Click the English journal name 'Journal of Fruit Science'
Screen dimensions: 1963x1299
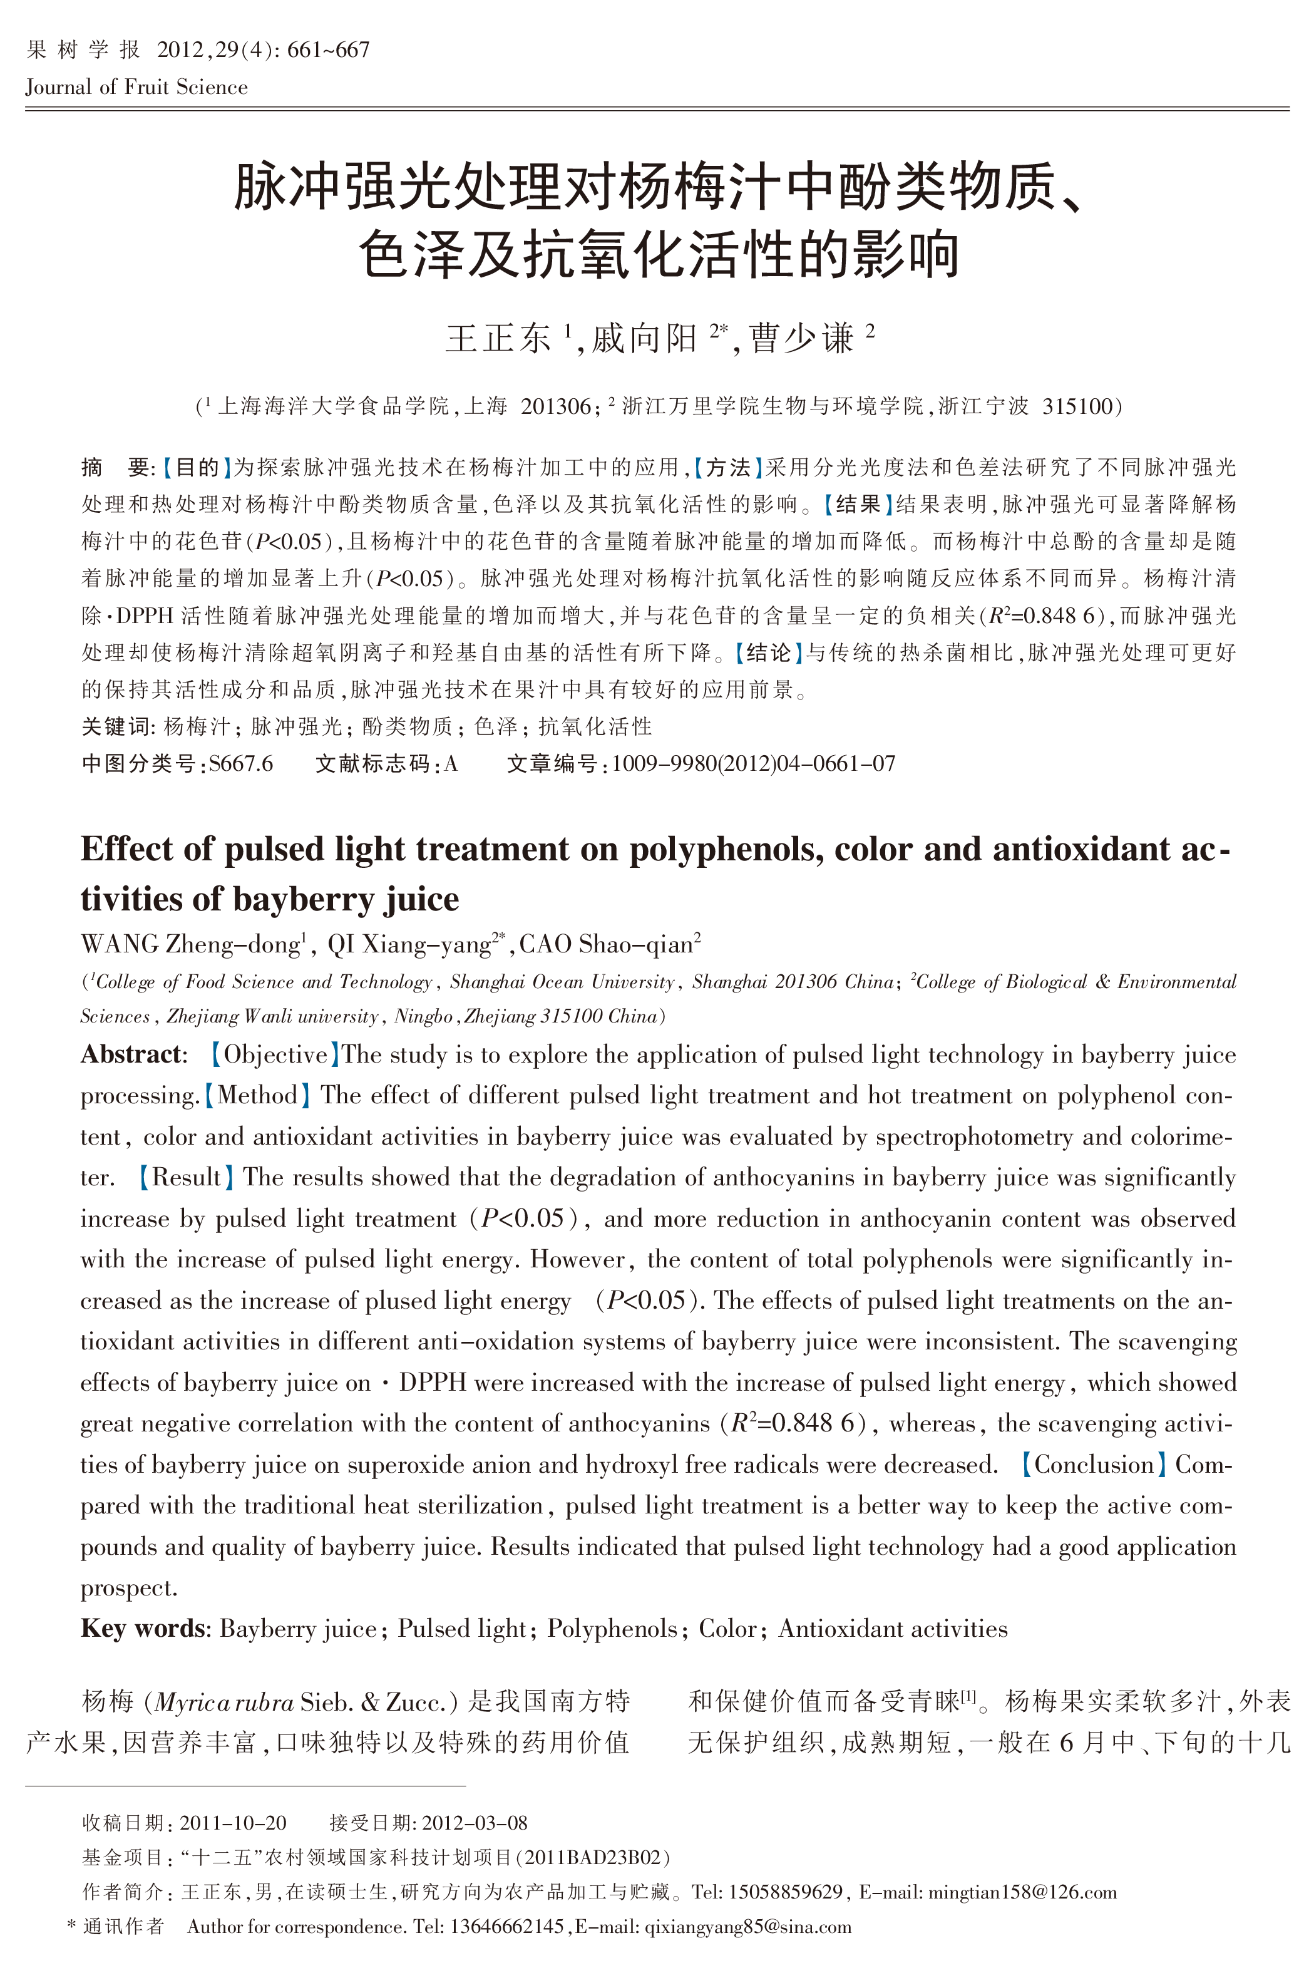[136, 88]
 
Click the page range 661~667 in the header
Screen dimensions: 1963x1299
[328, 51]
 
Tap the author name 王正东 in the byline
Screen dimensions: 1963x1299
[498, 339]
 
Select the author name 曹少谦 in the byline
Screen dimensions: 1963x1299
[801, 339]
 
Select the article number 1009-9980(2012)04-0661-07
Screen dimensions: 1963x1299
[753, 764]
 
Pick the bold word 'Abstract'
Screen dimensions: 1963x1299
[131, 1055]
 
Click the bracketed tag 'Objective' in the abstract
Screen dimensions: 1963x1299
[275, 1055]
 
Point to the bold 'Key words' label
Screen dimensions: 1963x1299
[143, 1629]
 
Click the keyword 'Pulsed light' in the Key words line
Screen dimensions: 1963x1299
[461, 1629]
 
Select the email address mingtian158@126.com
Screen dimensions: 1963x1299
[1022, 1893]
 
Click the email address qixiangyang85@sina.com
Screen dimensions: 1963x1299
[747, 1927]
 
